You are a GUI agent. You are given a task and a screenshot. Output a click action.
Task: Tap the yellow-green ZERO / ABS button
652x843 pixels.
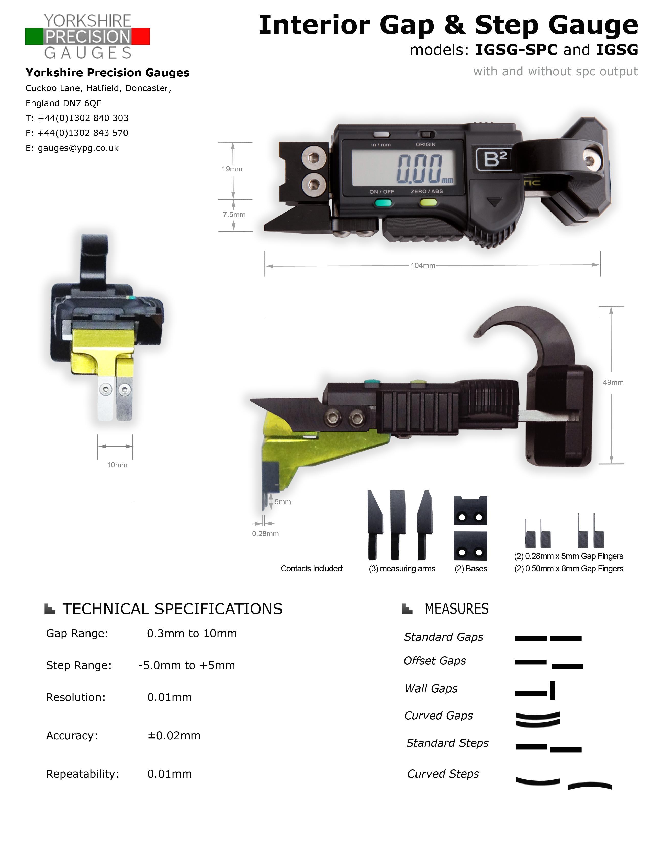[x=428, y=202]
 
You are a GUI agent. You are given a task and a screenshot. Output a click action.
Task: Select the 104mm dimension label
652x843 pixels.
[x=423, y=266]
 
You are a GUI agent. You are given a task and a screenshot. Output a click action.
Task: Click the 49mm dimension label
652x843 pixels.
[x=613, y=382]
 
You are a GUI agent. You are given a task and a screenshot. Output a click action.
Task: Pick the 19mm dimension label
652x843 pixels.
[x=232, y=169]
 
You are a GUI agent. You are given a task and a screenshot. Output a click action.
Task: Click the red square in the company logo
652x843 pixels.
[x=141, y=36]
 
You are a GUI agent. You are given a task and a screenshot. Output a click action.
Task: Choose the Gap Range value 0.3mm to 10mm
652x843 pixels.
[x=192, y=634]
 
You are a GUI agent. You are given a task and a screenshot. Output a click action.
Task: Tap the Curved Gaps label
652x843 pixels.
[x=438, y=715]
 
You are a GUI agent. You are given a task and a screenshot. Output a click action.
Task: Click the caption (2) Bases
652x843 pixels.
[x=470, y=569]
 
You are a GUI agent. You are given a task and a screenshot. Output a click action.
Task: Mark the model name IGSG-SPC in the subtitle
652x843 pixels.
[x=516, y=50]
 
